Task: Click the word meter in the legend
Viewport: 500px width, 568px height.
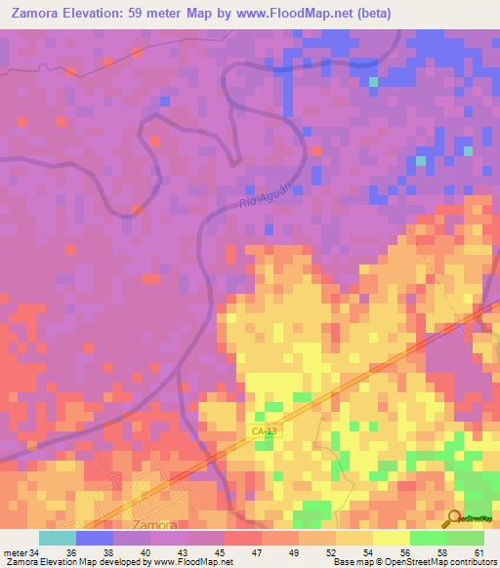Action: coord(16,552)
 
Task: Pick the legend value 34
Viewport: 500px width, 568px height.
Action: coord(34,552)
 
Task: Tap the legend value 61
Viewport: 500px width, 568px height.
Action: coord(479,552)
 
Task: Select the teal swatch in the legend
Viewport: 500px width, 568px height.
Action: coord(58,538)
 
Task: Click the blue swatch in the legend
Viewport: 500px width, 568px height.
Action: coord(95,538)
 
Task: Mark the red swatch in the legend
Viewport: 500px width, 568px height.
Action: coord(243,538)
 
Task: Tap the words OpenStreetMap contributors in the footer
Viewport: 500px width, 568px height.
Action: coord(438,562)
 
